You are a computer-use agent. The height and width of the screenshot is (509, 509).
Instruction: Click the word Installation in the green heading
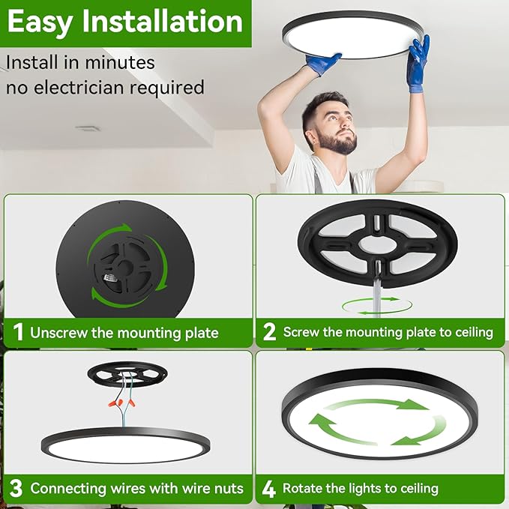[163, 22]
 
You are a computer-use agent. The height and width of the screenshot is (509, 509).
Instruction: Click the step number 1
[18, 332]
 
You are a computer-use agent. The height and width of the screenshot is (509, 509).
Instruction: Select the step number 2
[269, 332]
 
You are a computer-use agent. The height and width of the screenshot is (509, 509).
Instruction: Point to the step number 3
[16, 489]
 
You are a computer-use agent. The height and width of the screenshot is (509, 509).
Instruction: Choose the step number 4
[269, 489]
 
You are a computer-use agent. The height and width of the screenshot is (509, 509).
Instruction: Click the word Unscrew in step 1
[58, 333]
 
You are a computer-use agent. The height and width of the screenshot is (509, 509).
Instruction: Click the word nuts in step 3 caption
[229, 489]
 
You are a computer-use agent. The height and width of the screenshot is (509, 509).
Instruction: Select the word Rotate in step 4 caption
[301, 488]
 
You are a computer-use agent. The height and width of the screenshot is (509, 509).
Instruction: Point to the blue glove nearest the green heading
[323, 64]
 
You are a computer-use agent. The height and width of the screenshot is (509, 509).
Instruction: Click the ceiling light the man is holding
[353, 34]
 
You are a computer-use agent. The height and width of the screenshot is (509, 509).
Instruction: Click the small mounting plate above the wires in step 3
[127, 374]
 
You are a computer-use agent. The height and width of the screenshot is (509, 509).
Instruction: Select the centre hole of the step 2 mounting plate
[379, 244]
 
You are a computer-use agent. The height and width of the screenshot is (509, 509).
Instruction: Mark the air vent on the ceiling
[88, 128]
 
